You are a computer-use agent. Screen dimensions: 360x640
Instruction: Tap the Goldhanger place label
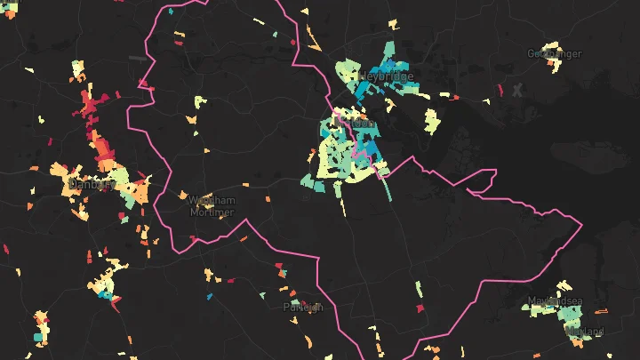coord(553,53)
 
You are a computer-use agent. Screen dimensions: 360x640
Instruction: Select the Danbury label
coord(89,185)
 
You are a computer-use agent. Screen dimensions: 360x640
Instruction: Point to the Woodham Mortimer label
coord(212,206)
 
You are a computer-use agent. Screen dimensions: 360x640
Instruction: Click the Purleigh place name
coord(301,307)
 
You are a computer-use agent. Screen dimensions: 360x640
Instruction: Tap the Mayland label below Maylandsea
coord(584,332)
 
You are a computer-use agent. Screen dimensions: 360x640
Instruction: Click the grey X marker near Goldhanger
coord(518,89)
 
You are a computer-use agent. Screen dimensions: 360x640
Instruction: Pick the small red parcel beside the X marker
coord(500,90)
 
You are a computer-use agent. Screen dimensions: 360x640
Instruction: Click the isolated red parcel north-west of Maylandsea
coord(421,308)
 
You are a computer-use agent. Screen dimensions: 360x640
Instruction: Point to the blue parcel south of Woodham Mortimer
coord(209,296)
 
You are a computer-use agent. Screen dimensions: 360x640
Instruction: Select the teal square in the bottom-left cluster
coord(40,337)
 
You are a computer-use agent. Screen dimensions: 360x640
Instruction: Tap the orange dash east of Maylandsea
coord(600,311)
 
